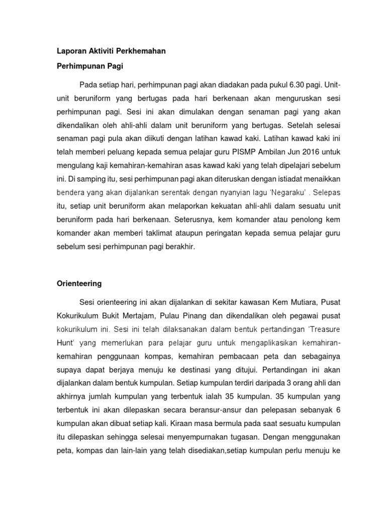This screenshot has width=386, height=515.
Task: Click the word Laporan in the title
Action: click(x=68, y=51)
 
